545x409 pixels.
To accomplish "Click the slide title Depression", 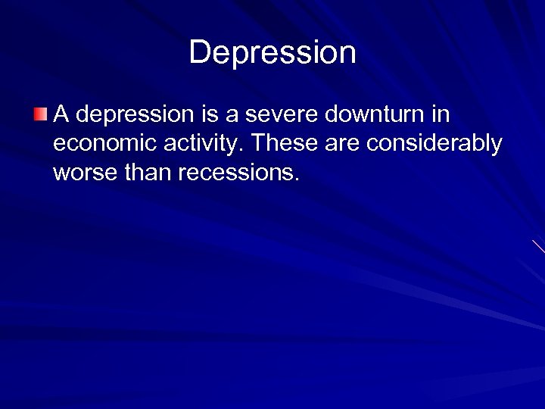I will pyautogui.click(x=272, y=52).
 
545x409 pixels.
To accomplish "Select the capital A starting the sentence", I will pyautogui.click(x=61, y=115).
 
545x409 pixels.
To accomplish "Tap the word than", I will pyautogui.click(x=145, y=173).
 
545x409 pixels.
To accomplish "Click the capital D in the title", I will pyautogui.click(x=199, y=52).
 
